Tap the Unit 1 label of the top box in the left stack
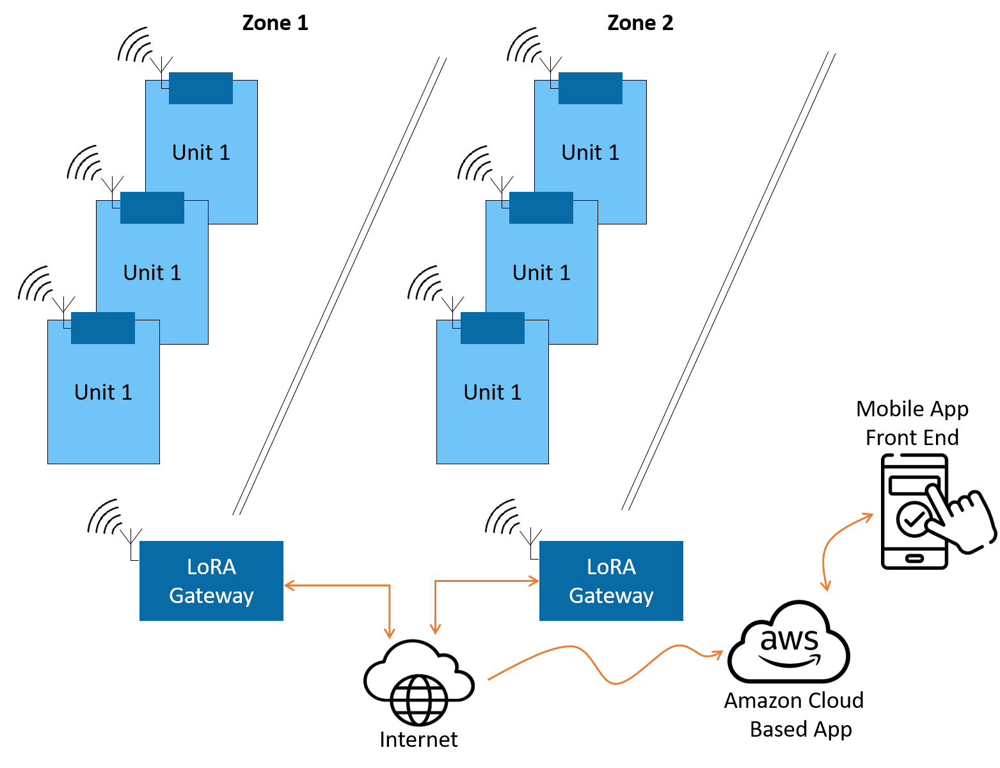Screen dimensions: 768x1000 click(x=201, y=153)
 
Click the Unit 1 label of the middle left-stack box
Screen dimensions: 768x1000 click(x=152, y=273)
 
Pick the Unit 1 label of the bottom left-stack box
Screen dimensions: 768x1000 click(x=103, y=393)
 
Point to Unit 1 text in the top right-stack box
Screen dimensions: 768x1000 click(x=591, y=153)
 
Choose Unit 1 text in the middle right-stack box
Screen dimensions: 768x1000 click(x=541, y=273)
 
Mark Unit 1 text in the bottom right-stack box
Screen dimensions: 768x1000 click(x=493, y=393)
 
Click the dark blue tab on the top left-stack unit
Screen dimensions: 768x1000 click(x=201, y=88)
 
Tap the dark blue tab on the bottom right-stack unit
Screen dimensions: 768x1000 click(x=493, y=328)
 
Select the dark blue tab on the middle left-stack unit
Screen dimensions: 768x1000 click(x=152, y=208)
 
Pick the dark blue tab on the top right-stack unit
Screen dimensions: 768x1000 click(x=591, y=88)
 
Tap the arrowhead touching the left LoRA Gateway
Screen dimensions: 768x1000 click(x=289, y=585)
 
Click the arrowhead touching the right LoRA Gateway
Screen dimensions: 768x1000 click(x=534, y=581)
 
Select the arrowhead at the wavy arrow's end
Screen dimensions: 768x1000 click(x=718, y=654)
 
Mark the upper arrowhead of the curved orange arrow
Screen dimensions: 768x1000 click(x=868, y=515)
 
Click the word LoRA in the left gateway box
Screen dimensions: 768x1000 click(x=211, y=567)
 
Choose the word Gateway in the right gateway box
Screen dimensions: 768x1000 click(x=611, y=596)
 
